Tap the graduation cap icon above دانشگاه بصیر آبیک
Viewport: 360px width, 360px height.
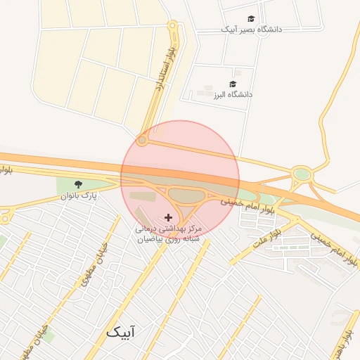point(251,19)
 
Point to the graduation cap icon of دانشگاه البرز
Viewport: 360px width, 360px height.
point(233,84)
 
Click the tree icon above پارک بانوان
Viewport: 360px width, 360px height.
point(77,184)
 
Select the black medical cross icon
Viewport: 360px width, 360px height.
point(167,218)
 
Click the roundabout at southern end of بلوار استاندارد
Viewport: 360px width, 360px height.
point(142,141)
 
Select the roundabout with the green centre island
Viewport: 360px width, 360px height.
point(302,174)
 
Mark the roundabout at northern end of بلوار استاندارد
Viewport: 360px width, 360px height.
point(172,26)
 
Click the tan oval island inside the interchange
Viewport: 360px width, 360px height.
point(184,194)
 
